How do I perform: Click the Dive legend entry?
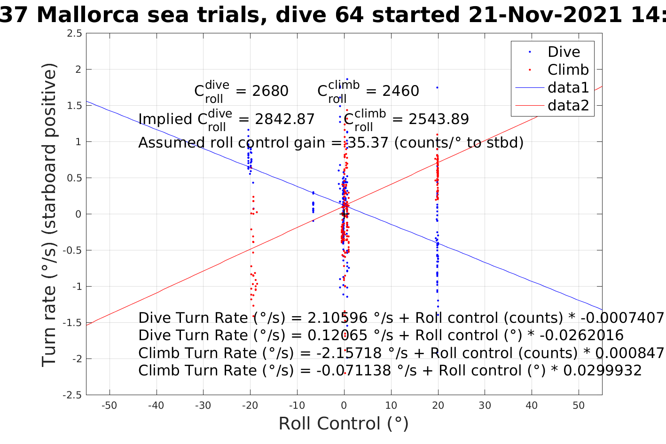pyautogui.click(x=564, y=52)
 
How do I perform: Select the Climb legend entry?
pyautogui.click(x=568, y=70)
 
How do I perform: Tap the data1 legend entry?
pyautogui.click(x=568, y=87)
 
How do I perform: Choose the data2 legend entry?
pyautogui.click(x=568, y=105)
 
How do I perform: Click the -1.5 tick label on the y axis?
pyautogui.click(x=73, y=323)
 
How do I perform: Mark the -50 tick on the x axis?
pyautogui.click(x=110, y=405)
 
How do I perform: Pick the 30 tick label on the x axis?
pyautogui.click(x=485, y=405)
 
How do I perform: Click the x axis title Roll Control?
pyautogui.click(x=344, y=424)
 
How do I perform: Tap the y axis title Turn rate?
pyautogui.click(x=50, y=214)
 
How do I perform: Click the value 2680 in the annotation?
pyautogui.click(x=270, y=91)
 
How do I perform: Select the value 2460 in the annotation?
pyautogui.click(x=400, y=91)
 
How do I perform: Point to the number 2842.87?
pyautogui.click(x=285, y=119)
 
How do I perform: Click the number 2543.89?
pyautogui.click(x=439, y=119)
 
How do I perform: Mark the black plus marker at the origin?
pyautogui.click(x=344, y=214)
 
